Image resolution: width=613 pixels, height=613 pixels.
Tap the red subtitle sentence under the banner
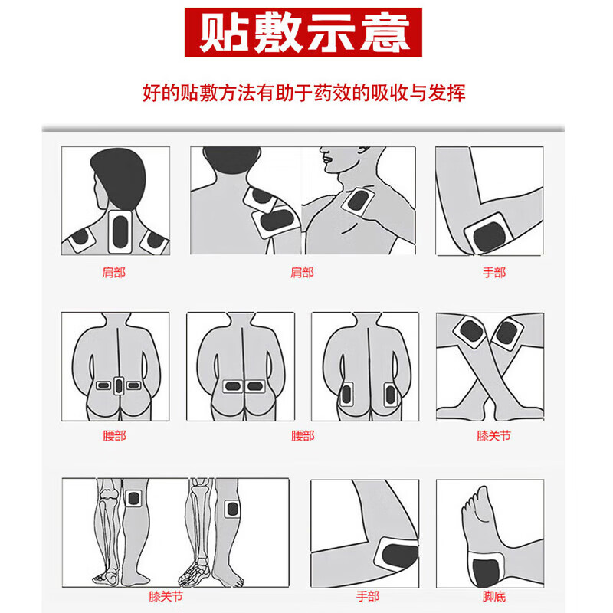305,93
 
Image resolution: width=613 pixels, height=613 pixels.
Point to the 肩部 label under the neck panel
113,272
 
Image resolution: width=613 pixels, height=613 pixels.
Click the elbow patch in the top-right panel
487,234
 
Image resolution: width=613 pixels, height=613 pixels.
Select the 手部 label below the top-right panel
493,272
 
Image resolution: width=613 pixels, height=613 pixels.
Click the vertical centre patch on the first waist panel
118,386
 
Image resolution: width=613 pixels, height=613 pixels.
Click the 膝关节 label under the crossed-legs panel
493,435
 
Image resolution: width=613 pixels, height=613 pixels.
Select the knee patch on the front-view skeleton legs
135,498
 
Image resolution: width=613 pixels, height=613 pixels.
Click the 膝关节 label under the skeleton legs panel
166,595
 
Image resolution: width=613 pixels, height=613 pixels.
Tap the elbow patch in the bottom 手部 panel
396,552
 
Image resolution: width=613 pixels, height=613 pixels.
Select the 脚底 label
493,595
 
